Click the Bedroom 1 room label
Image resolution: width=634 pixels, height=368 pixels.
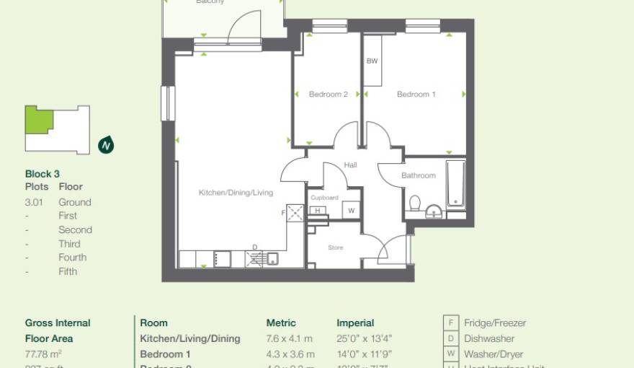point(416,95)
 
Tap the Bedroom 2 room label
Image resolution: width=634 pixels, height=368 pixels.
point(329,95)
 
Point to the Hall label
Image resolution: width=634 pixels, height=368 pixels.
point(350,165)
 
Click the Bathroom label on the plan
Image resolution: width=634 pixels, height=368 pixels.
point(419,175)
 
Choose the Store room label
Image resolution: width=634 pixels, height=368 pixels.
point(336,247)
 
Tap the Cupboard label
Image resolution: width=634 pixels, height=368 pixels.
point(324,197)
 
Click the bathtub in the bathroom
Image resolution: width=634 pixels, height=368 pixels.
point(456,186)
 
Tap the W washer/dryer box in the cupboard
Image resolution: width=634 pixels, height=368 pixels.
point(351,211)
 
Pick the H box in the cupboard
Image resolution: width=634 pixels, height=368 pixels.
point(317,211)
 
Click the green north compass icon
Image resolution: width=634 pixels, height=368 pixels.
point(106,145)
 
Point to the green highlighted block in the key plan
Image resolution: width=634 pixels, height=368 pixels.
point(37,121)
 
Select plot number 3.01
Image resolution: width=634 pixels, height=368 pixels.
point(34,202)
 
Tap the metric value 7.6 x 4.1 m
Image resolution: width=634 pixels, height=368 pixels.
point(290,338)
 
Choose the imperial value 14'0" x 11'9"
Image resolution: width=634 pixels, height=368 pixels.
point(365,354)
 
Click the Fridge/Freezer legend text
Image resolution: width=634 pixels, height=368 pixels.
point(495,323)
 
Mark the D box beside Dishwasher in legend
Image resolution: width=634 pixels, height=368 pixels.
point(451,338)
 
